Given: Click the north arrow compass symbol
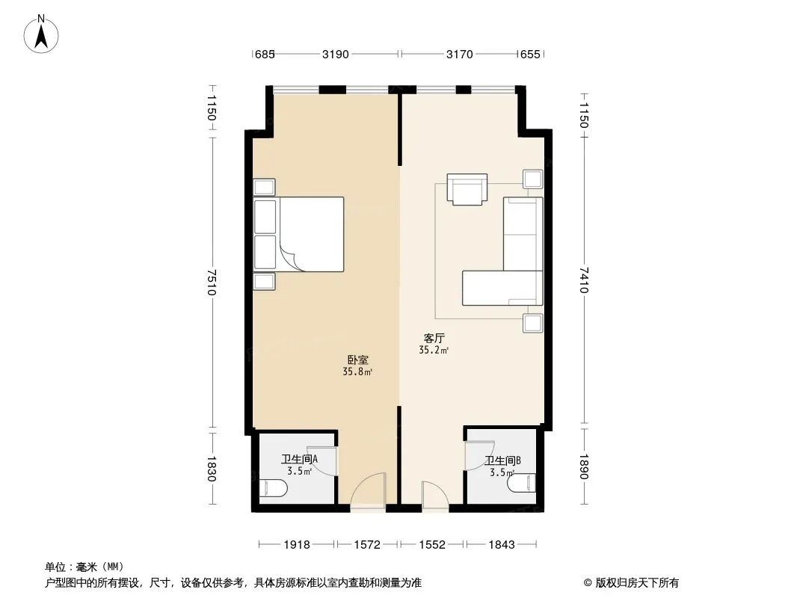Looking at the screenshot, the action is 41,34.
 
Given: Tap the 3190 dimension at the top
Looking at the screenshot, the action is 336,54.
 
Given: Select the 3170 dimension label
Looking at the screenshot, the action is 460,54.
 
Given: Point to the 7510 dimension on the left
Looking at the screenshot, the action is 212,282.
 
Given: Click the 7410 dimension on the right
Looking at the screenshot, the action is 583,280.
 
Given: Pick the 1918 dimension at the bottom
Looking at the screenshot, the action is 297,545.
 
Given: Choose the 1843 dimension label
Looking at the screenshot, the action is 502,545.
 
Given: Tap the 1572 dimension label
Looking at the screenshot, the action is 367,545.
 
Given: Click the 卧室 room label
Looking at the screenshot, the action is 358,360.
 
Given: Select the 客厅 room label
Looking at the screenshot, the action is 434,339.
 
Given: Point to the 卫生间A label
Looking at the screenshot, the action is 299,459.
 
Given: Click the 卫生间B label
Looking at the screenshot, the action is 502,460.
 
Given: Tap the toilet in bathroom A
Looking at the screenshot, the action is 274,488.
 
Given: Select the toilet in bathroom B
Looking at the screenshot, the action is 522,483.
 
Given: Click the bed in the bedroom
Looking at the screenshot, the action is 299,234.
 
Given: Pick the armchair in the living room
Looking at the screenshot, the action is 467,189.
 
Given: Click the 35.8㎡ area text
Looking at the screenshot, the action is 357,372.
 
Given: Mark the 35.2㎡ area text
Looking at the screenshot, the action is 434,350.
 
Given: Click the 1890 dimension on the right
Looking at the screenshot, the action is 583,467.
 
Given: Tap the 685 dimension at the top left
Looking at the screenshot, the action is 265,54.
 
